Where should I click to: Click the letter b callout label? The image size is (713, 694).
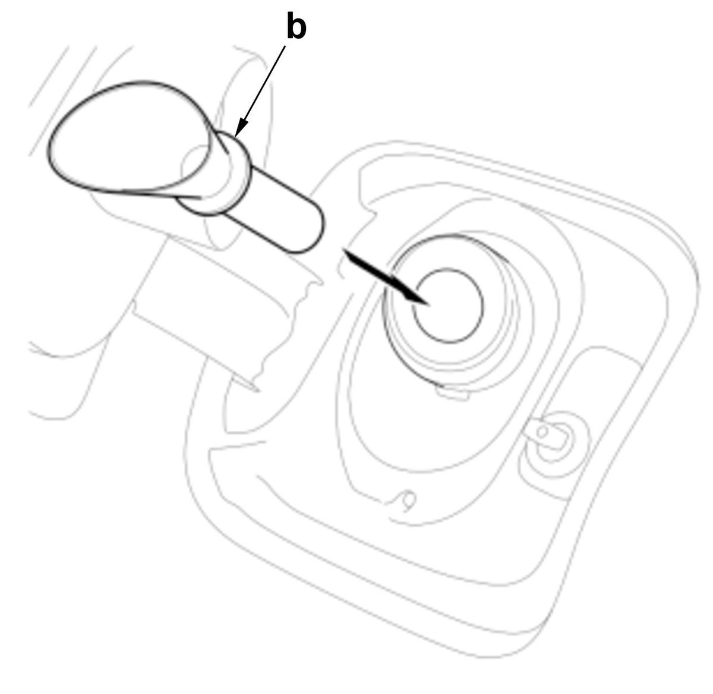point(296,26)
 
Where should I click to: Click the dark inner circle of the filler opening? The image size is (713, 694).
point(448,306)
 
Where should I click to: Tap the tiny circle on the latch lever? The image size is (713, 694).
point(542,431)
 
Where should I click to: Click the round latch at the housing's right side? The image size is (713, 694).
point(555,444)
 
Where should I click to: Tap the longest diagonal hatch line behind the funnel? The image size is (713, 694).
point(81,100)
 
